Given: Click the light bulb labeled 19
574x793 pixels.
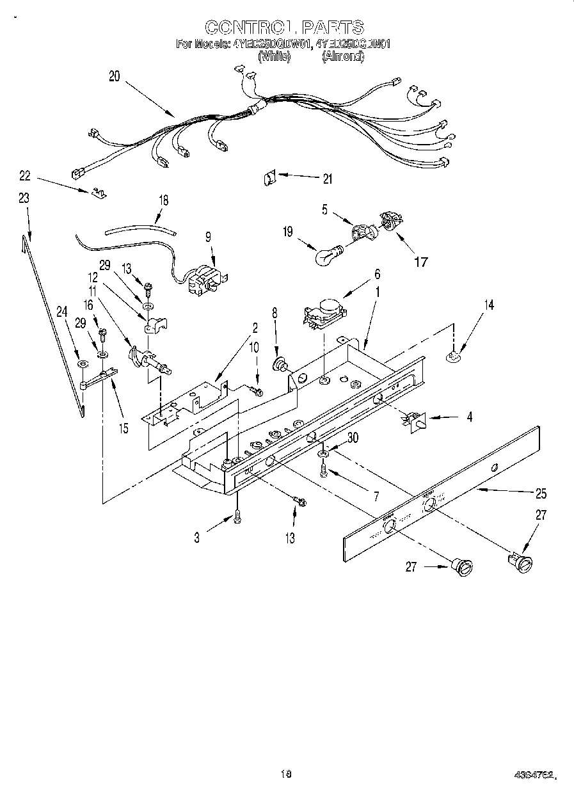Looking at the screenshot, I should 328,255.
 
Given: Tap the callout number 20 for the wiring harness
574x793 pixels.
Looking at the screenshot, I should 114,76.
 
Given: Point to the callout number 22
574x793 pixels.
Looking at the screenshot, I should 25,175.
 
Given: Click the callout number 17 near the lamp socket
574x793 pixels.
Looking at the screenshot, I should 420,261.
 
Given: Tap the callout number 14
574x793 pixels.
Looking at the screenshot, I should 489,305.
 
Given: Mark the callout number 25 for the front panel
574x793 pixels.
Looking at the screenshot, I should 541,493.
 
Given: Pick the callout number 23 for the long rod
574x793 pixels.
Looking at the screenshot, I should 24,199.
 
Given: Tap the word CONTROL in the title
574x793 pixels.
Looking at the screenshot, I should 246,28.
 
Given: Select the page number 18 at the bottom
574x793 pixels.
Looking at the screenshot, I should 285,773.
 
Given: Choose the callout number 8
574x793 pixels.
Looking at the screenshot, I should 275,314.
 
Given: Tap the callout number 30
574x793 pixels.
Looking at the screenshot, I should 352,438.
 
